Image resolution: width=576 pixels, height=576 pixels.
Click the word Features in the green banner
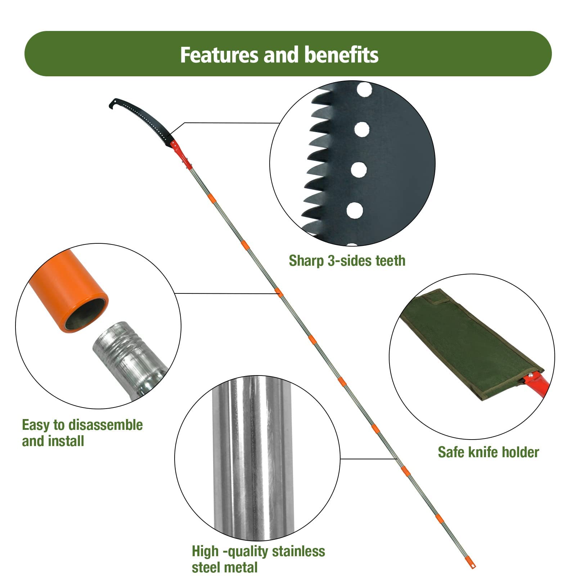click(x=220, y=55)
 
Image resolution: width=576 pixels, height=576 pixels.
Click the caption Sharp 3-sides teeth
click(x=347, y=261)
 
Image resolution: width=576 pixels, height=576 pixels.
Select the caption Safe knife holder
click(x=488, y=452)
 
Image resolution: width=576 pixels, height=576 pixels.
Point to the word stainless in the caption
click(x=298, y=551)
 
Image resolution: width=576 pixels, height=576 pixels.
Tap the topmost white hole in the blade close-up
click(x=364, y=89)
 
